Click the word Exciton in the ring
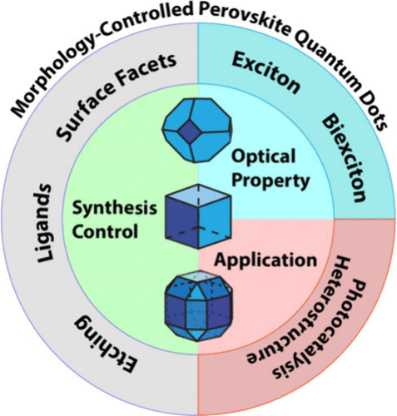click(x=265, y=73)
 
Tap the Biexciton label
click(x=343, y=159)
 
